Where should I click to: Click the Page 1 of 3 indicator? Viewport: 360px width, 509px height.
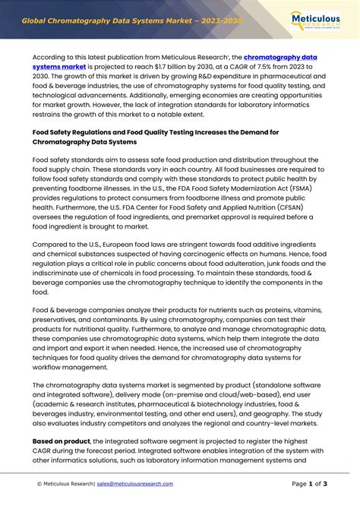click(309, 484)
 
